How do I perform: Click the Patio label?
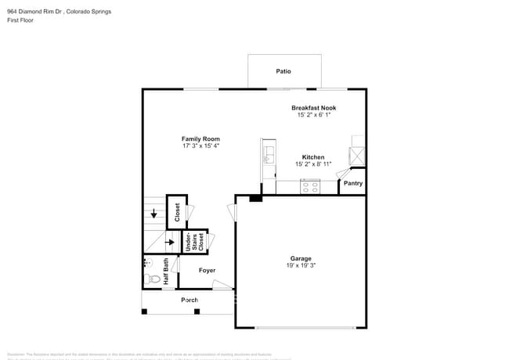(283, 71)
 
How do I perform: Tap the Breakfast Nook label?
(313, 107)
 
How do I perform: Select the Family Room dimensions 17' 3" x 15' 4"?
(200, 146)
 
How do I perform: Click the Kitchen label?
(313, 157)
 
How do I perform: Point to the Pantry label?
(353, 183)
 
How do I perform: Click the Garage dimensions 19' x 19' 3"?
(301, 265)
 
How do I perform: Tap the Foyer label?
(207, 270)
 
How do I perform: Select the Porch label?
(190, 300)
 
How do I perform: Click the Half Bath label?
(166, 271)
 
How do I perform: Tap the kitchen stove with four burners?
(310, 186)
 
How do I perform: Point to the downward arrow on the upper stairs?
(153, 213)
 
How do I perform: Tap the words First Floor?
(21, 21)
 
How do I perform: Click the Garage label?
(301, 258)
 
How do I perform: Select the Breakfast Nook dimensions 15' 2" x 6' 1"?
(313, 115)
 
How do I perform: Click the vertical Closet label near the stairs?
(177, 212)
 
